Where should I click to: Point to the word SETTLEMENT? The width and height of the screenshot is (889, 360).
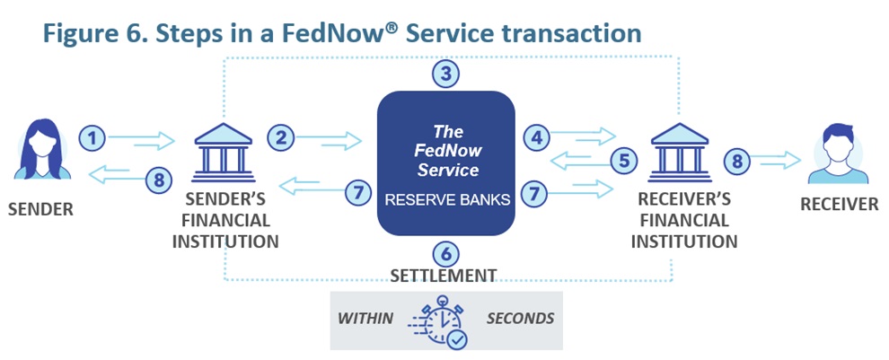pos(444,275)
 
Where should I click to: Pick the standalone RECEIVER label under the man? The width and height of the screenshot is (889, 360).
pos(840,205)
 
